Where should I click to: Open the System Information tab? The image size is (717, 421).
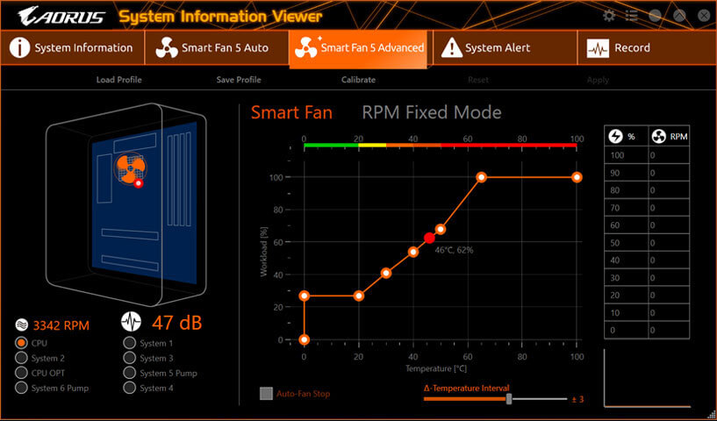71,48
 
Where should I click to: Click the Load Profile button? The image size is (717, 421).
118,80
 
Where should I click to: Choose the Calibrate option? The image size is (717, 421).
358,80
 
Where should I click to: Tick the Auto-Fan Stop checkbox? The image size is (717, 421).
267,393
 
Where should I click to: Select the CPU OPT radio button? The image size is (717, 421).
22,373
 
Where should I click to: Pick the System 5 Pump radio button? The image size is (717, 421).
130,373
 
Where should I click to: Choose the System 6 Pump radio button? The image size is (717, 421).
22,388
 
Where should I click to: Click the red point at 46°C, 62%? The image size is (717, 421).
429,238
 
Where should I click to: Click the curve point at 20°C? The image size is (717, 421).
359,296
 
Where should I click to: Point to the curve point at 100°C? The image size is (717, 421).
577,177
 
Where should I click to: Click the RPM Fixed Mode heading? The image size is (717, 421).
432,112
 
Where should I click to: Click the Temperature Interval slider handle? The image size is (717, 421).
509,399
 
